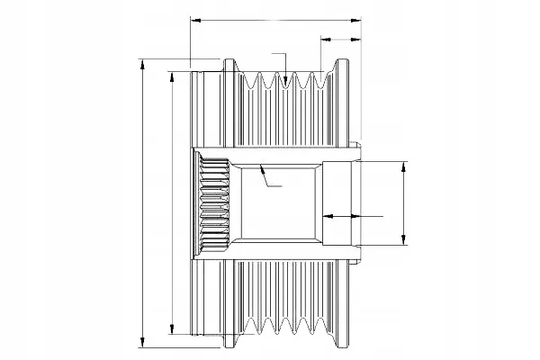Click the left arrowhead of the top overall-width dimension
click(x=194, y=18)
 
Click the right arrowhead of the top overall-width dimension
click(x=355, y=18)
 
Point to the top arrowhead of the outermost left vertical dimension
click(x=142, y=61)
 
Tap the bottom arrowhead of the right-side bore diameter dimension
click(x=403, y=241)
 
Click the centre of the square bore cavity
click(x=274, y=203)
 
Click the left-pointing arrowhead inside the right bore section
click(x=326, y=217)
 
